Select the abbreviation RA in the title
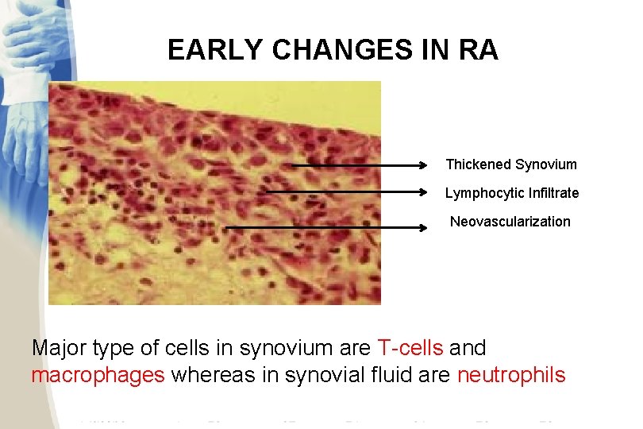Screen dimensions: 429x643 (x=478, y=51)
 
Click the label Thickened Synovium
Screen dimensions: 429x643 (x=511, y=164)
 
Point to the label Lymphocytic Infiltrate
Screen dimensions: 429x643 (x=511, y=193)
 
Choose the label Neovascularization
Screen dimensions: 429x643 (x=510, y=222)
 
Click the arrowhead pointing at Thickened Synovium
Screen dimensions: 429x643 (x=424, y=166)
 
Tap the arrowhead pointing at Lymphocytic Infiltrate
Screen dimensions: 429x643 (x=424, y=191)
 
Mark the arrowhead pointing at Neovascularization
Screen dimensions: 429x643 (x=424, y=228)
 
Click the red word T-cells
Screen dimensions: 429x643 (x=411, y=348)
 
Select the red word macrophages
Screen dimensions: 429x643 (x=98, y=375)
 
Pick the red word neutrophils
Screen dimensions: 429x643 (x=511, y=375)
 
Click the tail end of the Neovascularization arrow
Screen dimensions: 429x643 (x=228, y=228)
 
